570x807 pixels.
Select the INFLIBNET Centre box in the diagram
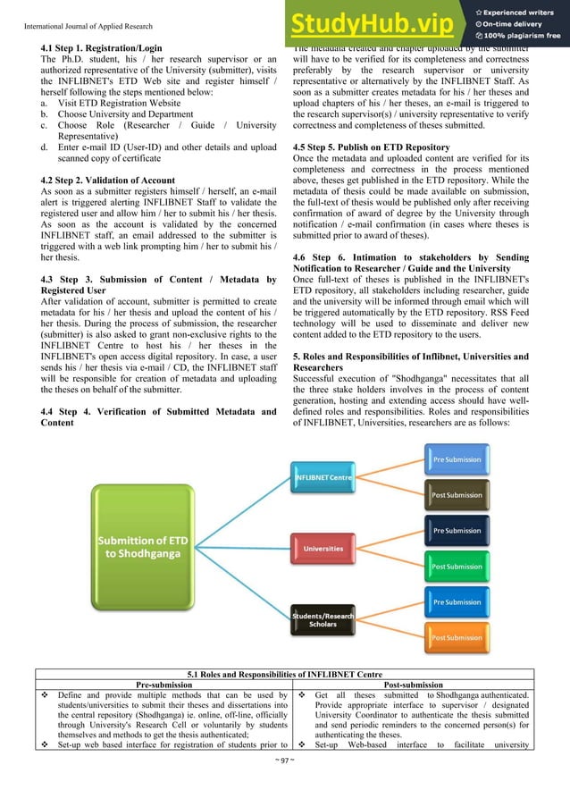pos(323,477)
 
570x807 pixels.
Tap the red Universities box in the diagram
pos(323,548)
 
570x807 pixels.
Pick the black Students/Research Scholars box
pos(323,619)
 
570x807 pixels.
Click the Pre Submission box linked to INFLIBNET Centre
pos(457,459)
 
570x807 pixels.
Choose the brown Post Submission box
pos(457,495)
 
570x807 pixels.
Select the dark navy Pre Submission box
pos(457,531)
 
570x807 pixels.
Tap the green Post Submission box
pos(457,567)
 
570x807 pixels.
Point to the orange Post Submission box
pos(457,638)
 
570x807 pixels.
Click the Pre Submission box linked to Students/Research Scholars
pos(457,602)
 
